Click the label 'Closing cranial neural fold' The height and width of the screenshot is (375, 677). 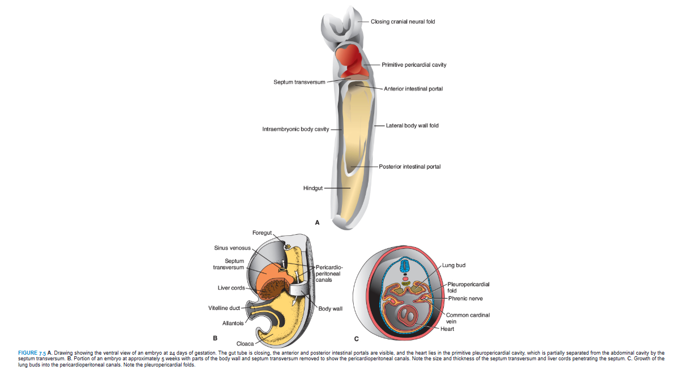click(x=402, y=21)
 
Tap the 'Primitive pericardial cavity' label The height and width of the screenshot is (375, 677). click(x=414, y=64)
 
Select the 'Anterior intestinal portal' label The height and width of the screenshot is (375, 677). click(x=413, y=89)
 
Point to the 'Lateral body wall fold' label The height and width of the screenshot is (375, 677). click(x=412, y=125)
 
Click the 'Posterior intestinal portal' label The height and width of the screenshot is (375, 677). click(x=410, y=167)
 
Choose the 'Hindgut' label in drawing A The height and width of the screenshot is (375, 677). click(x=312, y=188)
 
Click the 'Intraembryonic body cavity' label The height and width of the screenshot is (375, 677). click(x=295, y=130)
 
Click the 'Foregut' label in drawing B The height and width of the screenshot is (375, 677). click(x=262, y=233)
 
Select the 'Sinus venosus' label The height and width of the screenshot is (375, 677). click(x=229, y=248)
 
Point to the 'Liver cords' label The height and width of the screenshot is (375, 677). click(x=231, y=288)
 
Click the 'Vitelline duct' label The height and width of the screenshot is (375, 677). click(x=224, y=308)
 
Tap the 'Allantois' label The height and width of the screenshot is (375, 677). click(x=233, y=323)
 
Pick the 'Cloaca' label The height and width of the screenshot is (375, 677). click(x=245, y=343)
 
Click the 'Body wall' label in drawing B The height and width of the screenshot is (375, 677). click(x=330, y=309)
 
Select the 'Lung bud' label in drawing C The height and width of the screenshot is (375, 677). click(x=455, y=265)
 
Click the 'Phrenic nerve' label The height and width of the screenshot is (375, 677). click(x=465, y=298)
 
